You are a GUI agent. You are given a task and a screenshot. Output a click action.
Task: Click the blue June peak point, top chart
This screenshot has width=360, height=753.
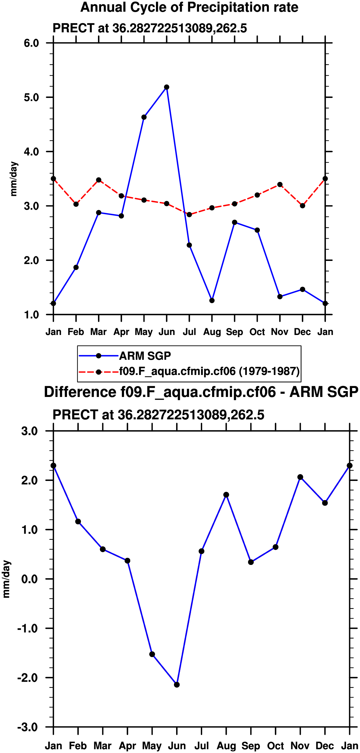(x=167, y=87)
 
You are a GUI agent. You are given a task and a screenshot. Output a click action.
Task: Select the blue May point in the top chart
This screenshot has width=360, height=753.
(x=144, y=117)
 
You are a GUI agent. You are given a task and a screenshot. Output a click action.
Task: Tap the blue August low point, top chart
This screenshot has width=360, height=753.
(x=212, y=301)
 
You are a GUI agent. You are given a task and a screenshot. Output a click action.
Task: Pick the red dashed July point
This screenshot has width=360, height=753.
(x=189, y=214)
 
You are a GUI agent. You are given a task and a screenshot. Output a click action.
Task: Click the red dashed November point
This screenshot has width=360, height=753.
(x=280, y=185)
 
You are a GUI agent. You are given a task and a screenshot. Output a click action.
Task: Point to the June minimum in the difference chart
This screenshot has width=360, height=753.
(x=177, y=685)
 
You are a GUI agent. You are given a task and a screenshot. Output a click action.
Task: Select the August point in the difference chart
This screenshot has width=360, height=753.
(x=226, y=495)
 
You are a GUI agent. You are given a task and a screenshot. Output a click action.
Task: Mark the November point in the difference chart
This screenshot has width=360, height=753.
(x=300, y=477)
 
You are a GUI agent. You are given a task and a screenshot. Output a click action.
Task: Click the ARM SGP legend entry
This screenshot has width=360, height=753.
(x=145, y=356)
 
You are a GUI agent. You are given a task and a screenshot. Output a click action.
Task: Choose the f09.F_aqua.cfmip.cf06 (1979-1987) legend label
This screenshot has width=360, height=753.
(x=209, y=371)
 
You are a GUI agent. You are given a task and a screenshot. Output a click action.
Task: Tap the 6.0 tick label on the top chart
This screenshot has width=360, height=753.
(x=31, y=43)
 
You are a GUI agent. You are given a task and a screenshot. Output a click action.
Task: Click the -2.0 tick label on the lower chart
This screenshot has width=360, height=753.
(x=28, y=678)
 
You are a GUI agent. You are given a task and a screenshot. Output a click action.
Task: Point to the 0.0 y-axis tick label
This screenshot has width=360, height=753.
(x=29, y=579)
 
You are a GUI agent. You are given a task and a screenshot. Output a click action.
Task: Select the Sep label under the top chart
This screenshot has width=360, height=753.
(x=234, y=332)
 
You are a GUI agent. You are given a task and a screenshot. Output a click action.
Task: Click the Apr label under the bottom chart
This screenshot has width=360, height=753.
(x=127, y=746)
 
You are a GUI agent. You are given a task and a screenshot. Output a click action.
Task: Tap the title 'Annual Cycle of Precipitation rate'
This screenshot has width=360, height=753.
(x=189, y=7)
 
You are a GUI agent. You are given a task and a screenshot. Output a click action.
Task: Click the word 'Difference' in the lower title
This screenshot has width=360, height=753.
(x=80, y=392)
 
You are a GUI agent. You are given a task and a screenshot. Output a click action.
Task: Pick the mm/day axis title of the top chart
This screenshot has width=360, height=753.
(x=14, y=179)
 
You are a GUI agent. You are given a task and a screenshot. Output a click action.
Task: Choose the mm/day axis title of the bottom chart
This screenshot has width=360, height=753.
(x=6, y=579)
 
